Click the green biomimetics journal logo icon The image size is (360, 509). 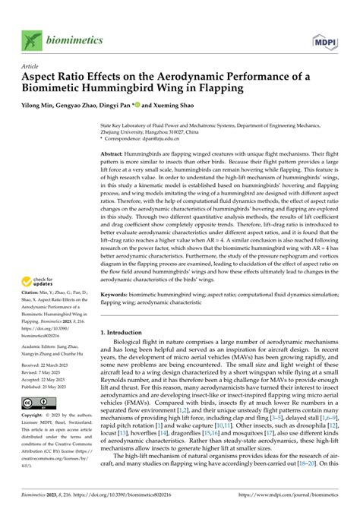click(32, 38)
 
